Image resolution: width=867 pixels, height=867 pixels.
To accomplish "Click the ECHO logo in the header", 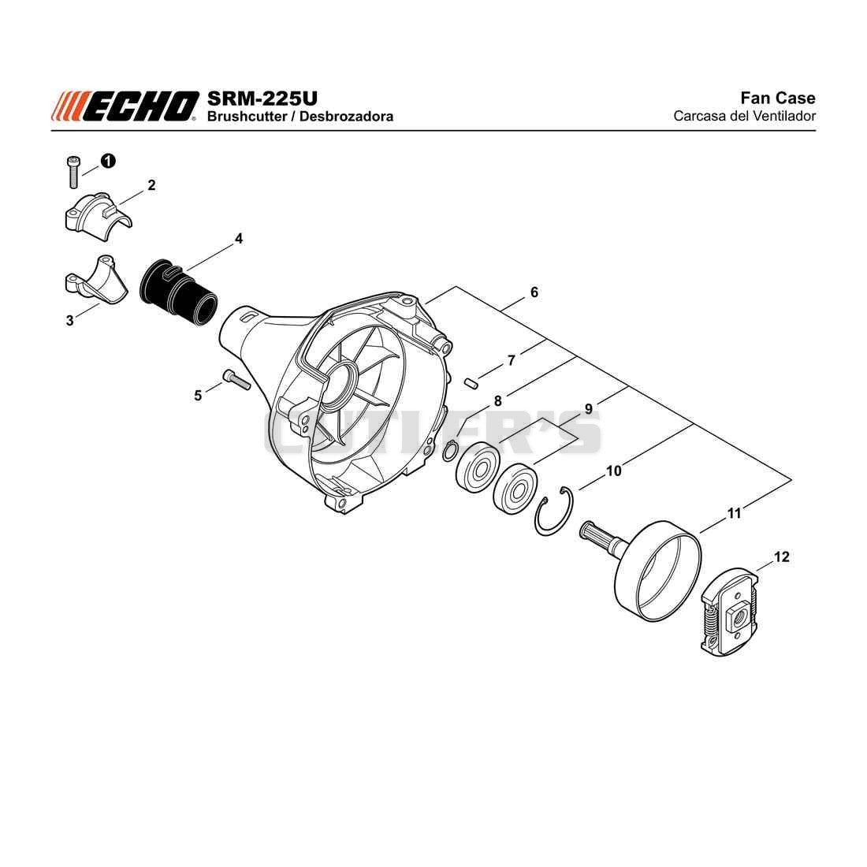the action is (x=125, y=106).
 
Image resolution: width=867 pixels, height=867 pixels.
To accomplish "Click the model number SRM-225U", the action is (x=262, y=99).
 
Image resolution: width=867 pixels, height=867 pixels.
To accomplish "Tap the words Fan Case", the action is (x=777, y=98).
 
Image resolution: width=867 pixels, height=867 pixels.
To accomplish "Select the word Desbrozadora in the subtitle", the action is (x=346, y=116).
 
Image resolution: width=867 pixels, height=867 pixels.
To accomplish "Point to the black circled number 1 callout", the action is (x=108, y=161).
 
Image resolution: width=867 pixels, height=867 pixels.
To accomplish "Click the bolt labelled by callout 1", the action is (x=73, y=172).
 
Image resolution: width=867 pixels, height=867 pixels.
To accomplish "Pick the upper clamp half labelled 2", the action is (x=98, y=216).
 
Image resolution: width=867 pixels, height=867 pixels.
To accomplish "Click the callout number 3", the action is (x=69, y=320).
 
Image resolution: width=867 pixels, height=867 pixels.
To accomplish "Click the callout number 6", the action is (x=534, y=292).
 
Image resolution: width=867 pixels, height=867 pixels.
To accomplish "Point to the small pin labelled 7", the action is (x=471, y=382).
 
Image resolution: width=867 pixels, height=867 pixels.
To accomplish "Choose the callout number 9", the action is (x=588, y=408).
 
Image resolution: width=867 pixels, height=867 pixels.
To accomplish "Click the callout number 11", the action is (x=734, y=513).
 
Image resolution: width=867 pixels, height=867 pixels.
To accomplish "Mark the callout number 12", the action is (x=781, y=556).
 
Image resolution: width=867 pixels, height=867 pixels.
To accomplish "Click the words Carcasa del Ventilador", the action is (x=744, y=116).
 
